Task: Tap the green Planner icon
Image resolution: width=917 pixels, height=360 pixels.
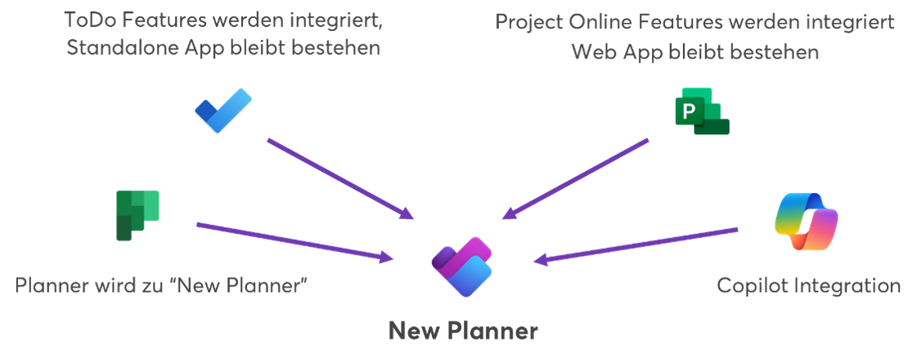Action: (137, 215)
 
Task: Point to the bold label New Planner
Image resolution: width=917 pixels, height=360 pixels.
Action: (463, 331)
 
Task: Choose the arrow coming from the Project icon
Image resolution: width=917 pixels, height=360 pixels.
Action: (576, 179)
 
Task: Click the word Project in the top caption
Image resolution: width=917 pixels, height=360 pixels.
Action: (532, 21)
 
